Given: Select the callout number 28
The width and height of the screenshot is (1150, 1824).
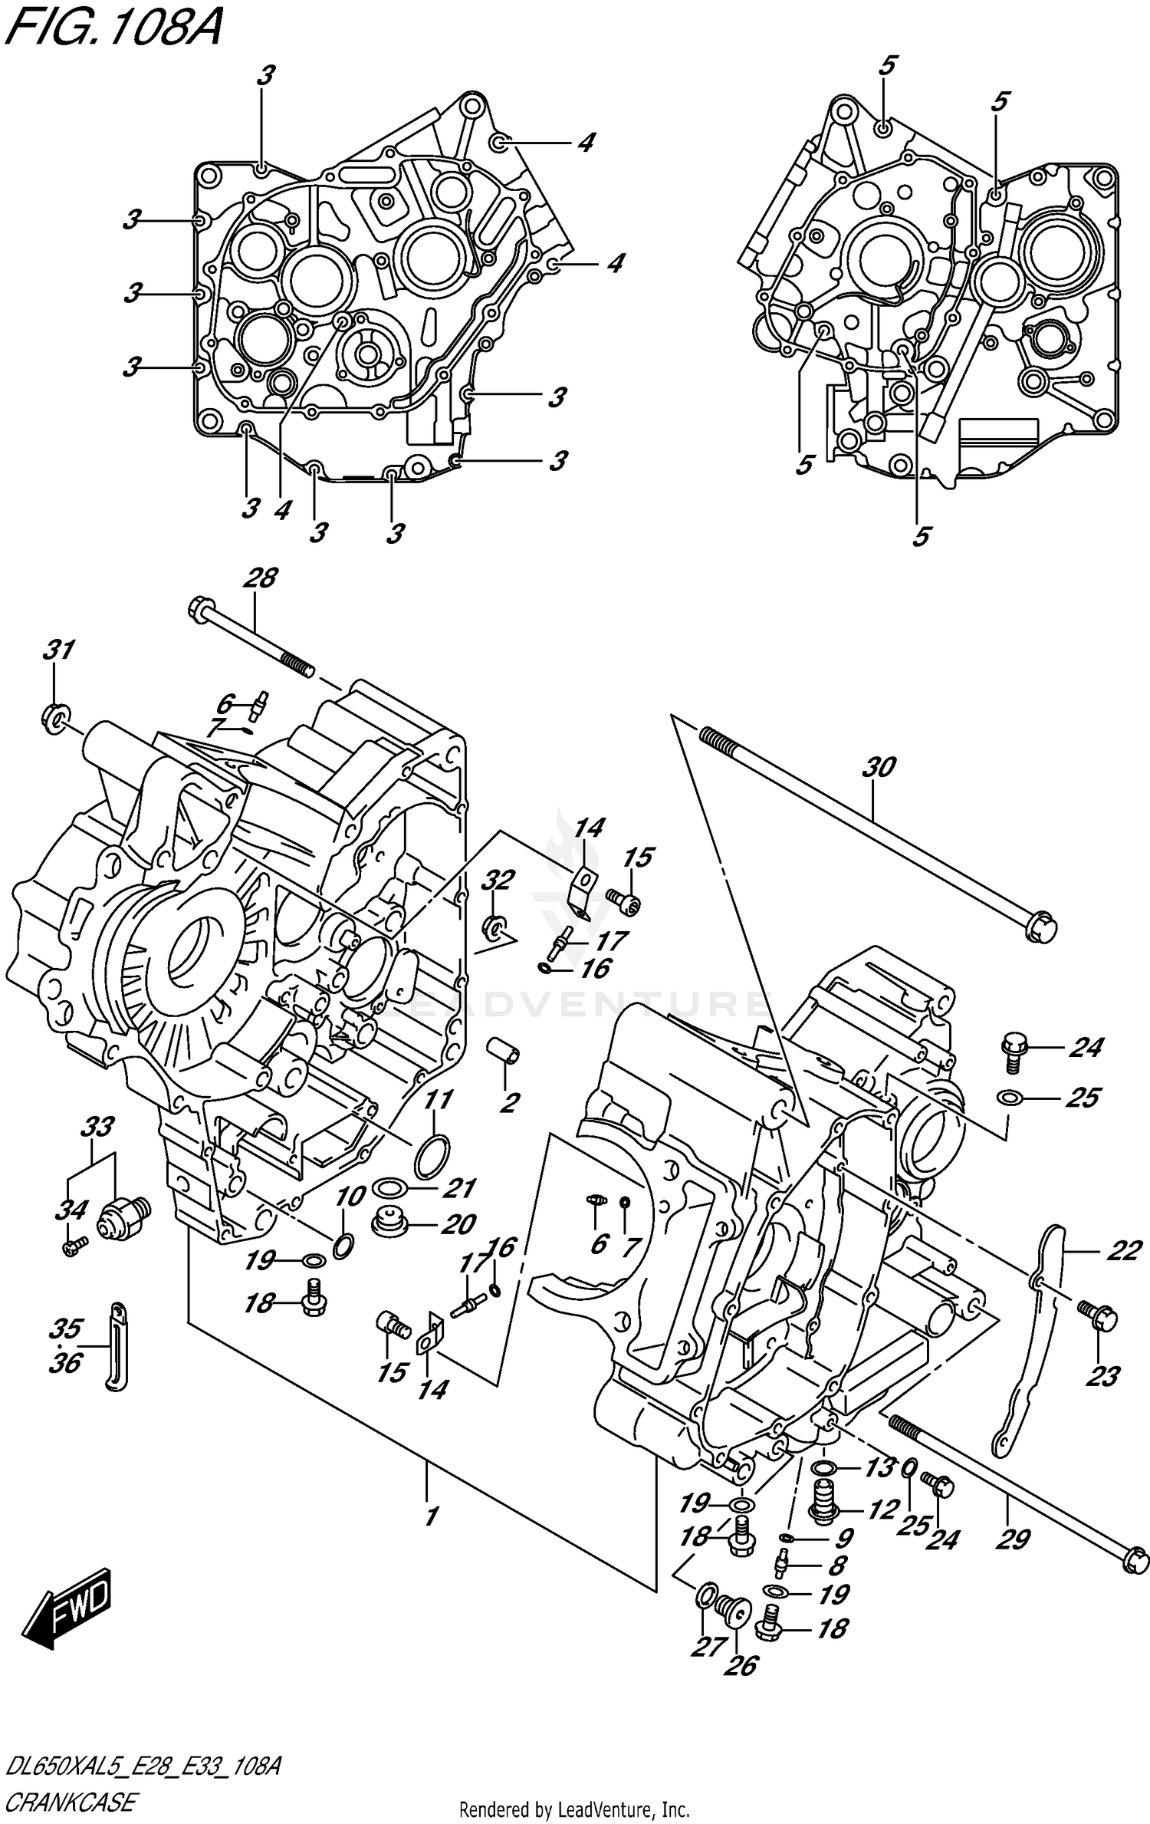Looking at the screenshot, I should coord(261,578).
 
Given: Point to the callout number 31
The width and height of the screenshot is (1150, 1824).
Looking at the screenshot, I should coord(58,650).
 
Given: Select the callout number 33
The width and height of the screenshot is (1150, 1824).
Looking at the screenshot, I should coord(97,1127).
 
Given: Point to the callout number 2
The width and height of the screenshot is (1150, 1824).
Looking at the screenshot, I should coord(508,1102).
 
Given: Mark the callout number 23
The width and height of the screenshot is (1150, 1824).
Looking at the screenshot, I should coord(1102,1376).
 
